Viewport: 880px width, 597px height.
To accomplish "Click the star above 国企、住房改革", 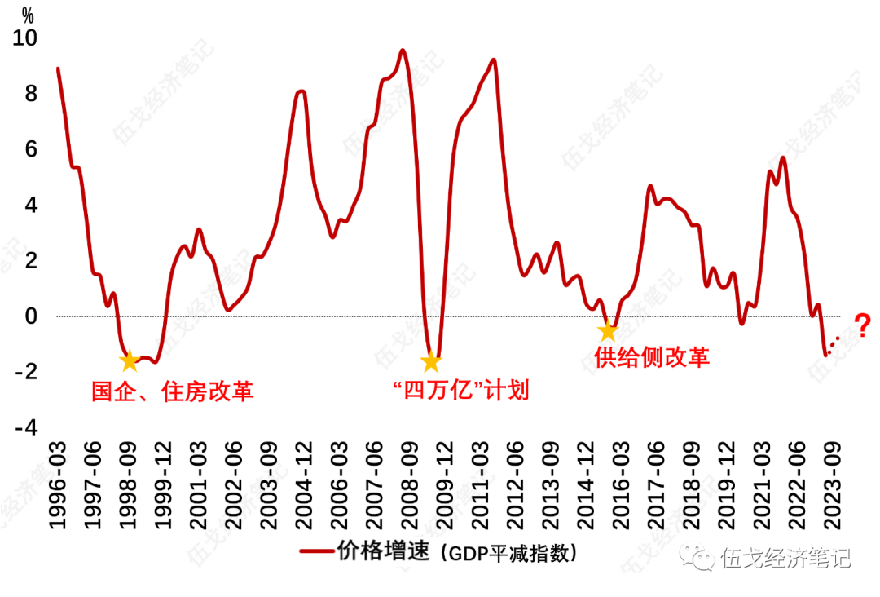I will point(129,360).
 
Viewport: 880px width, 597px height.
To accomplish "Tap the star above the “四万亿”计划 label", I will point(431,360).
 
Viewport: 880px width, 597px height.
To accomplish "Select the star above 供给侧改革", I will point(607,331).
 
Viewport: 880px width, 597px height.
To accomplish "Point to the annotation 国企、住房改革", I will point(172,391).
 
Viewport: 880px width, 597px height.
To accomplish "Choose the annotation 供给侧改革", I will point(652,357).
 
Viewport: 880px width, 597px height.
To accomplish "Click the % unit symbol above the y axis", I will point(28,15).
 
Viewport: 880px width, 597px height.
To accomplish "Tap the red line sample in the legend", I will point(315,553).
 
